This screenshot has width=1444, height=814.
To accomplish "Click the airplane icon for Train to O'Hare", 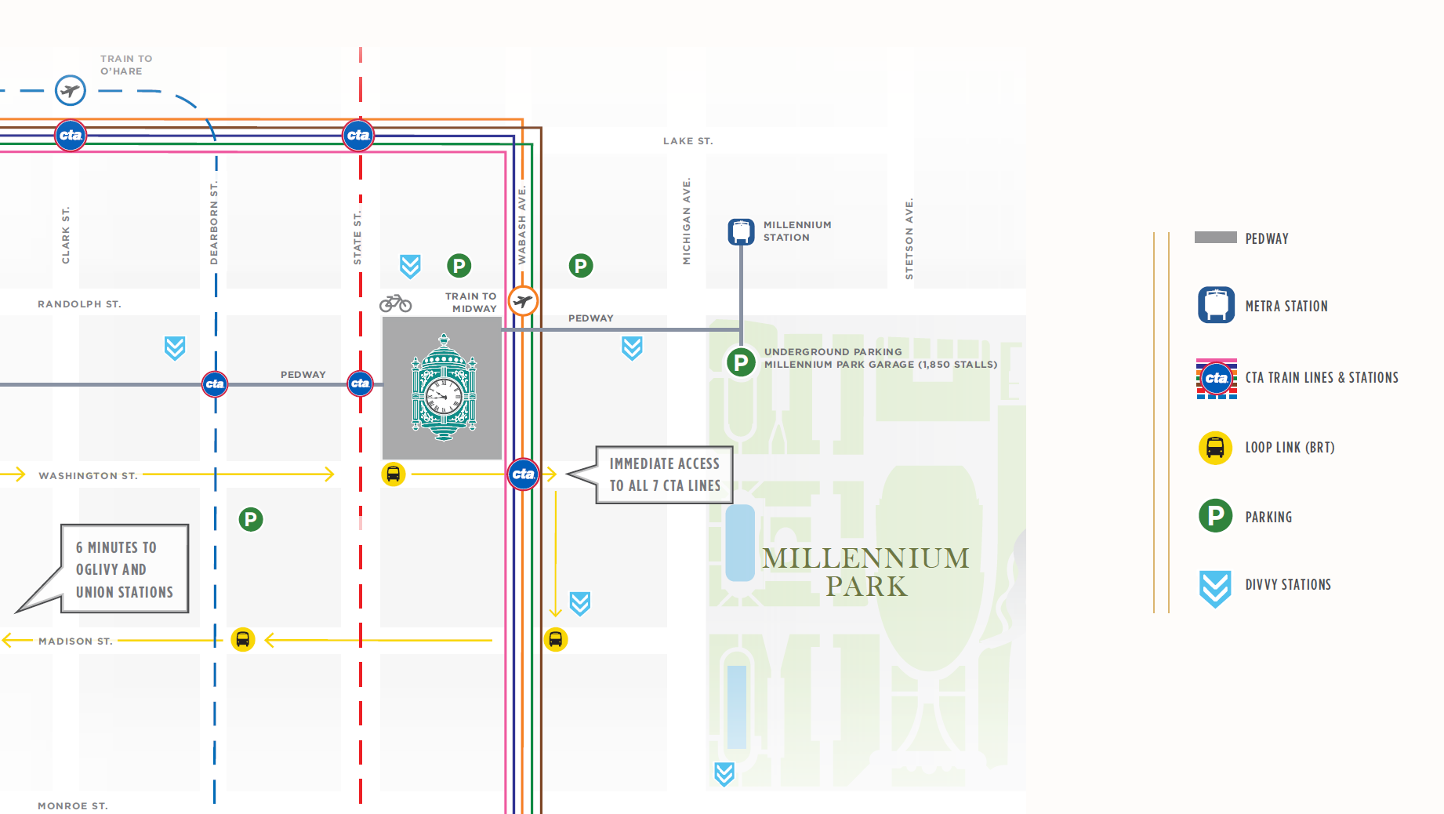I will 71,91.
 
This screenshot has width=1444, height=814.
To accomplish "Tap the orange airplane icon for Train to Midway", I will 523,300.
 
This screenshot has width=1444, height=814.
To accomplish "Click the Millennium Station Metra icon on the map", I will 741,231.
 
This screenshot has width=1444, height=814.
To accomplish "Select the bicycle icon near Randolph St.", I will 395,303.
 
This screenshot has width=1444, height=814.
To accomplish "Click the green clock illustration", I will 444,387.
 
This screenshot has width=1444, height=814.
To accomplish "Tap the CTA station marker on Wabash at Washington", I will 523,474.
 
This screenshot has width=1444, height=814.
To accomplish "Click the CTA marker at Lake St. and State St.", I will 358,135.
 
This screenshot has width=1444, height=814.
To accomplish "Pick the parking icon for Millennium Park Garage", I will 740,362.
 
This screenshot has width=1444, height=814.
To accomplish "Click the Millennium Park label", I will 865,572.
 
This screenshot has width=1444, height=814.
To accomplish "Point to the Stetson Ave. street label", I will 909,238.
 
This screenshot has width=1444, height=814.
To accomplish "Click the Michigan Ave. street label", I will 687,221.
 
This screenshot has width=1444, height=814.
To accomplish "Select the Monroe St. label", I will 73,805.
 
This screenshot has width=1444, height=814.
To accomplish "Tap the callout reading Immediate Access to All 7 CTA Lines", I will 664,474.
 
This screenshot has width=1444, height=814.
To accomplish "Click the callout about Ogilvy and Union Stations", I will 124,569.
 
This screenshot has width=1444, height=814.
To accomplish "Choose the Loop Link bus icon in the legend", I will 1215,448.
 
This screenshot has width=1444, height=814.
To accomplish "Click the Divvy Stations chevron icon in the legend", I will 1215,588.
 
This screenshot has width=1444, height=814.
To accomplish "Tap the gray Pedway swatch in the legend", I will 1215,238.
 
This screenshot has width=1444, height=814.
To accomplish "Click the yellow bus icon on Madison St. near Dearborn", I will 243,640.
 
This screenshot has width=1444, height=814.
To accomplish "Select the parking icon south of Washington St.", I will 251,519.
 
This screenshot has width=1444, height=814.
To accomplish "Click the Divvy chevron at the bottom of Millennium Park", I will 724,773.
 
